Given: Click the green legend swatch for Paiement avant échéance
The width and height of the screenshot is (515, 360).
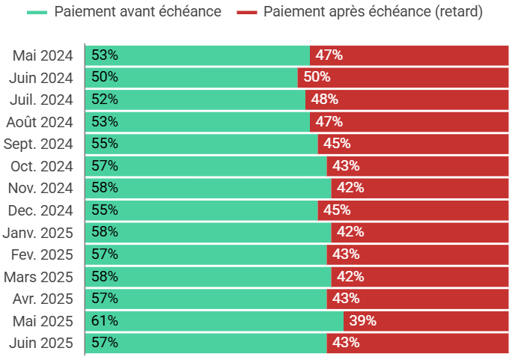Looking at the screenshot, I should [x=37, y=13].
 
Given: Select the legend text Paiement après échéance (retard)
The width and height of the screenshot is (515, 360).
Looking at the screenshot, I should [x=373, y=12].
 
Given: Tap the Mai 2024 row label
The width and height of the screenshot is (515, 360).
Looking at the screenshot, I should [x=43, y=55].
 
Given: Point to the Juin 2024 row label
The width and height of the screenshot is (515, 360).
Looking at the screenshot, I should [x=41, y=77].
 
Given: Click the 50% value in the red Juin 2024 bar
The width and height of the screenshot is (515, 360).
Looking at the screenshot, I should [x=317, y=77].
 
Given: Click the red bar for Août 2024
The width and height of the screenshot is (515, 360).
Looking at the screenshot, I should [x=409, y=121].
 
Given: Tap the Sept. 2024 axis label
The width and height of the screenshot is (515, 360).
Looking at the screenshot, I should [x=38, y=144].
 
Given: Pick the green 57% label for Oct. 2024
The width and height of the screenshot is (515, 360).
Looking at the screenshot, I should [x=105, y=166].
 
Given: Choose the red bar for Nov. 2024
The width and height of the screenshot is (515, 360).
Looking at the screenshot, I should [x=420, y=188].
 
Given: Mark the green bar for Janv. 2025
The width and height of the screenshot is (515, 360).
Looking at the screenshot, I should [x=208, y=232].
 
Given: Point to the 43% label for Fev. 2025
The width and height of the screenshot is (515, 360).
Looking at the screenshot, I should [x=346, y=254].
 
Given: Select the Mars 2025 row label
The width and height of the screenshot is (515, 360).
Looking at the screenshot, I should [x=38, y=277].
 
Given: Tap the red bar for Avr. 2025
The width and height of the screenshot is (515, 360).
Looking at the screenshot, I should [x=418, y=299].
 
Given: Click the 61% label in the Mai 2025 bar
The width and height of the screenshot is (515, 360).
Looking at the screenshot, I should [x=105, y=321].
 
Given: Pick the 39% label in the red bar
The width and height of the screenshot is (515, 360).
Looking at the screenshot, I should [x=362, y=321].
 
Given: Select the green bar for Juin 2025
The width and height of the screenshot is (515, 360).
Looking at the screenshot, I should [x=206, y=343].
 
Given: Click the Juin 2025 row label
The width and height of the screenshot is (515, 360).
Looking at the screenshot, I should [x=41, y=343].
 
